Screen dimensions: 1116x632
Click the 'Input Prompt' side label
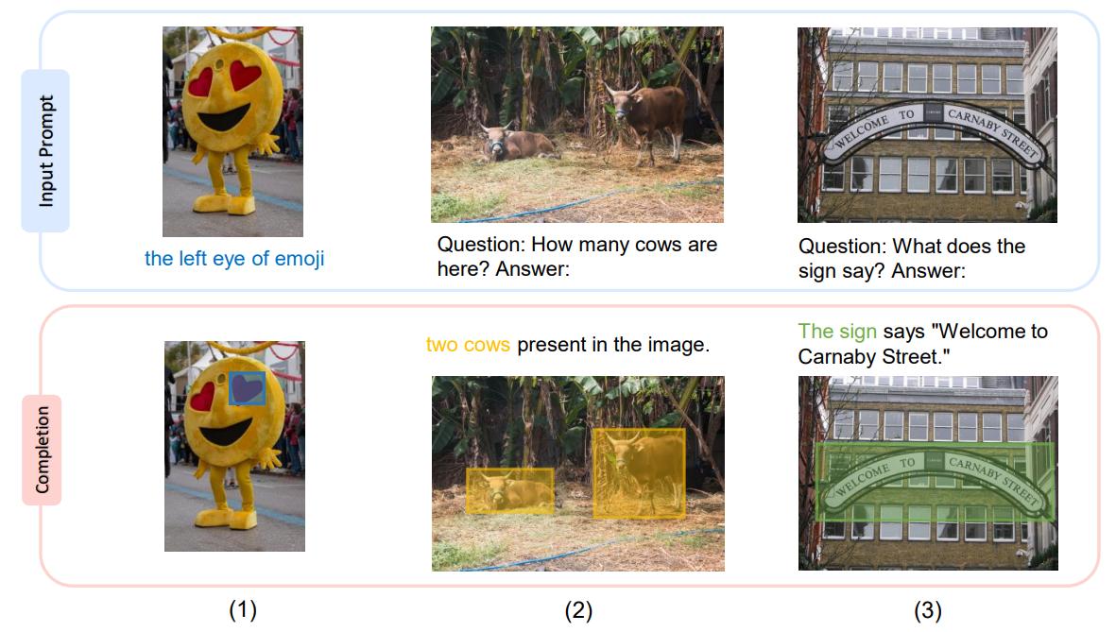point(45,151)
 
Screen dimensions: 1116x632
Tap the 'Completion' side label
point(42,450)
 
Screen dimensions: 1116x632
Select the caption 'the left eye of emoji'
point(234,258)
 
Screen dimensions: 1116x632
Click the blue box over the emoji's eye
point(247,388)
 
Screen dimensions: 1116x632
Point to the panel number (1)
point(243,610)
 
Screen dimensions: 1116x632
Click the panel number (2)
point(578,610)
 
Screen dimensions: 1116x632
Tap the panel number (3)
point(927,610)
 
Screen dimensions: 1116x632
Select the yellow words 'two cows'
point(468,345)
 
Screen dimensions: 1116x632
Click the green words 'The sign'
point(837,332)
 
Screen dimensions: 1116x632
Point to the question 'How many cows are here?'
point(577,256)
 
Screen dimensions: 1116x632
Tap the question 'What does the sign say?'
point(912,258)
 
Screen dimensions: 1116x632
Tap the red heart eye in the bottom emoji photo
point(203,397)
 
